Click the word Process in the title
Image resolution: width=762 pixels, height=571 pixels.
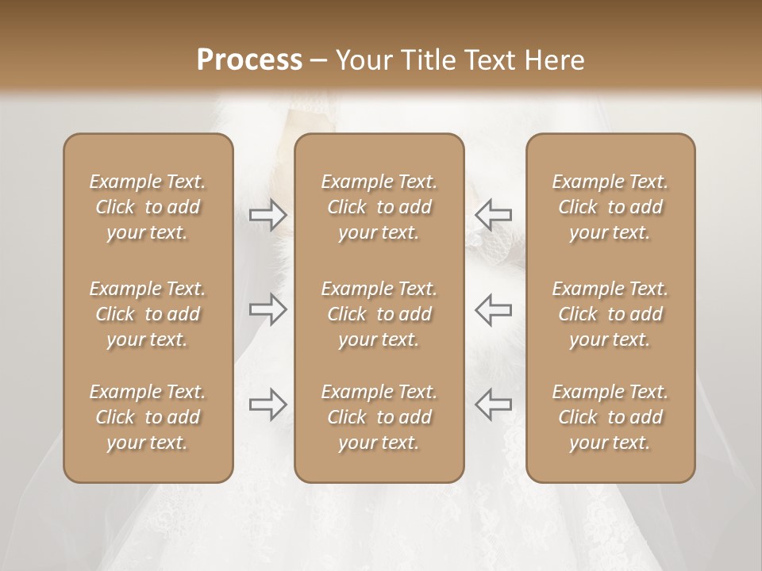pyautogui.click(x=249, y=59)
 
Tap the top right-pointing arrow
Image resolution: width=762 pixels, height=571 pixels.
pyautogui.click(x=268, y=215)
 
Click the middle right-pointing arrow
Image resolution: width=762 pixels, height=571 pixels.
pyautogui.click(x=268, y=309)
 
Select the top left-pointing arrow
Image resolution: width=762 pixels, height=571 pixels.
pyautogui.click(x=493, y=215)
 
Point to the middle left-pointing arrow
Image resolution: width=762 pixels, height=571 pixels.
pyautogui.click(x=493, y=309)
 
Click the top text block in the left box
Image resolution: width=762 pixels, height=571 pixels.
pyautogui.click(x=148, y=207)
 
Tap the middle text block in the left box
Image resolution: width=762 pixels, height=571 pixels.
pyautogui.click(x=148, y=314)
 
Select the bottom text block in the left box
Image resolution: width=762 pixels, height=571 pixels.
pyautogui.click(x=148, y=417)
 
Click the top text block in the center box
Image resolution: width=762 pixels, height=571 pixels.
pyautogui.click(x=379, y=207)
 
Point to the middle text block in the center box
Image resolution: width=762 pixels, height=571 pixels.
pyautogui.click(x=379, y=314)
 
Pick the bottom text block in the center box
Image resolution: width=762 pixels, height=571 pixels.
pyautogui.click(x=379, y=417)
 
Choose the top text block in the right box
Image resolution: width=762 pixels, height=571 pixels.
pyautogui.click(x=610, y=207)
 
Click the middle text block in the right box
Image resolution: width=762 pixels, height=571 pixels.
pyautogui.click(x=610, y=314)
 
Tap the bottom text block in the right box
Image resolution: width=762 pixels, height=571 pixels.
pyautogui.click(x=610, y=417)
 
